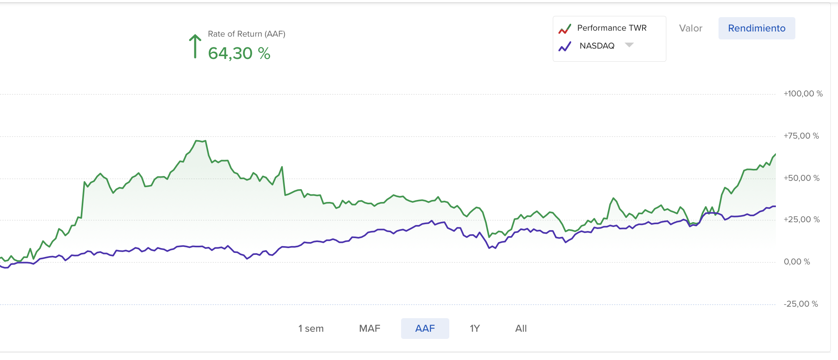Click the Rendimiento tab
pos(756,28)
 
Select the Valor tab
pos(691,28)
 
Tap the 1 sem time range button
pos(311,329)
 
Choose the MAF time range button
pos(370,329)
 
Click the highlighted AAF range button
pos(425,329)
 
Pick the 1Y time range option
pos(474,329)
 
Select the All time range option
pos(521,329)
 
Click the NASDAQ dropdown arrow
pos(629,45)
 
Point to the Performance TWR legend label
pos(612,28)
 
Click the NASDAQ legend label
pos(597,46)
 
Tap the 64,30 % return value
pos(239,53)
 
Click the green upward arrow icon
pos(195,46)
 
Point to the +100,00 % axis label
pos(803,94)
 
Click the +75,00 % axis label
pos(801,136)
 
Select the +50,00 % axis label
pos(801,178)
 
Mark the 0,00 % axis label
pos(797,262)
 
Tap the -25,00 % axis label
pos(801,304)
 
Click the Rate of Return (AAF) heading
pos(247,34)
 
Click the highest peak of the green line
pos(197,141)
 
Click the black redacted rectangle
pos(77,49)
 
